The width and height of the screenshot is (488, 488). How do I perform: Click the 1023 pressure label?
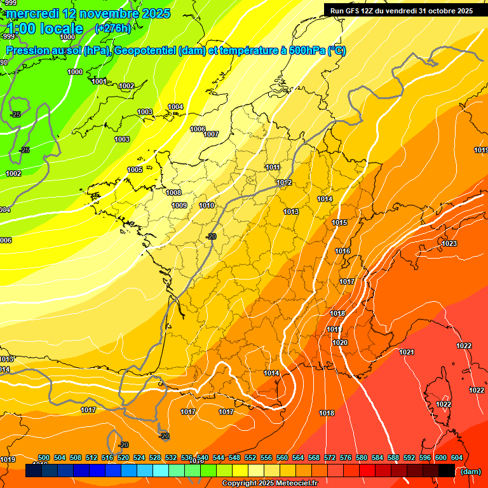point(449,243)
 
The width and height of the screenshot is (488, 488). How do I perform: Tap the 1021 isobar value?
point(407,352)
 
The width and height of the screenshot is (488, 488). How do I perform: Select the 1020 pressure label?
point(340,342)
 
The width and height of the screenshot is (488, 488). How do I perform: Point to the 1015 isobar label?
point(339,223)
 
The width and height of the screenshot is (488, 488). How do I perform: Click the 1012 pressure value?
point(284,183)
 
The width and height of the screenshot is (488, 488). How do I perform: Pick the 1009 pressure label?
point(179,205)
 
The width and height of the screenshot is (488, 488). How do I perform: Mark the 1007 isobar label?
point(211,134)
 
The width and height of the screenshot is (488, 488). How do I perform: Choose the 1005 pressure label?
point(135,170)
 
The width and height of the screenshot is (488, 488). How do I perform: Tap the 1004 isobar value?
point(175,107)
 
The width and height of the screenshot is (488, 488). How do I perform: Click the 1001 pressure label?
point(99,81)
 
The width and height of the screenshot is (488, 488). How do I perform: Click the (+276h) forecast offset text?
point(112,29)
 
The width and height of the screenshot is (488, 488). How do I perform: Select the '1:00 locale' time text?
point(45,29)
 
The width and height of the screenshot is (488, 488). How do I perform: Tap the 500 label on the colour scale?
point(44,457)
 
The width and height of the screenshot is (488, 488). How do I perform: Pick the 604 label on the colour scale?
point(457,457)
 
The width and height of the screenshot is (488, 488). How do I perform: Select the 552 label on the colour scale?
point(250,457)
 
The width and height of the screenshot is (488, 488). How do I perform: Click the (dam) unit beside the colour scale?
point(471,471)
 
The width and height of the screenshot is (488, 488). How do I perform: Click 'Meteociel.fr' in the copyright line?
point(294,484)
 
